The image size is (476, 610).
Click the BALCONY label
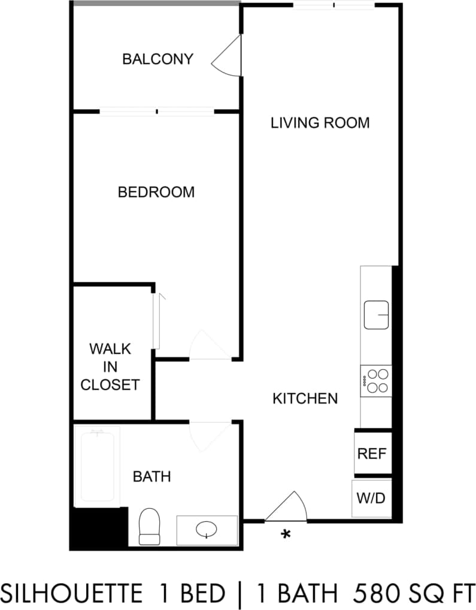tap(157, 59)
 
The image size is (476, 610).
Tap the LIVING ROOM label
tap(320, 123)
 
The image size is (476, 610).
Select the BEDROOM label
tap(156, 192)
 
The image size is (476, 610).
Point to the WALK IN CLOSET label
tap(110, 367)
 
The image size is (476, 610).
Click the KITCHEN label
tap(305, 398)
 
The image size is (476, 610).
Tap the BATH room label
tap(151, 477)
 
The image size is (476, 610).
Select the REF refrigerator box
tap(372, 453)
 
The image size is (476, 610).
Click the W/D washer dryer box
tap(371, 498)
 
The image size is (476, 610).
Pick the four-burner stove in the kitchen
tap(376, 381)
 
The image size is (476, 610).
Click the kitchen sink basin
tap(377, 315)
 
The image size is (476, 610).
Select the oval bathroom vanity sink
tap(207, 530)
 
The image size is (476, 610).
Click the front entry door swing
tap(289, 508)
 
